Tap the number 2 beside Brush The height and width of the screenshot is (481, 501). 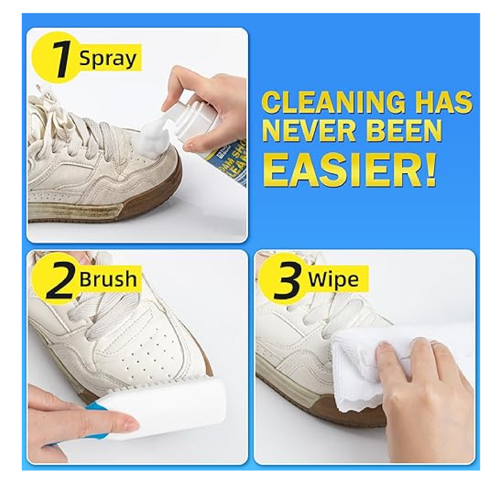60,281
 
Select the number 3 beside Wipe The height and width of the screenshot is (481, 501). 287,281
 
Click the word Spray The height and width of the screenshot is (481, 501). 107,59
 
